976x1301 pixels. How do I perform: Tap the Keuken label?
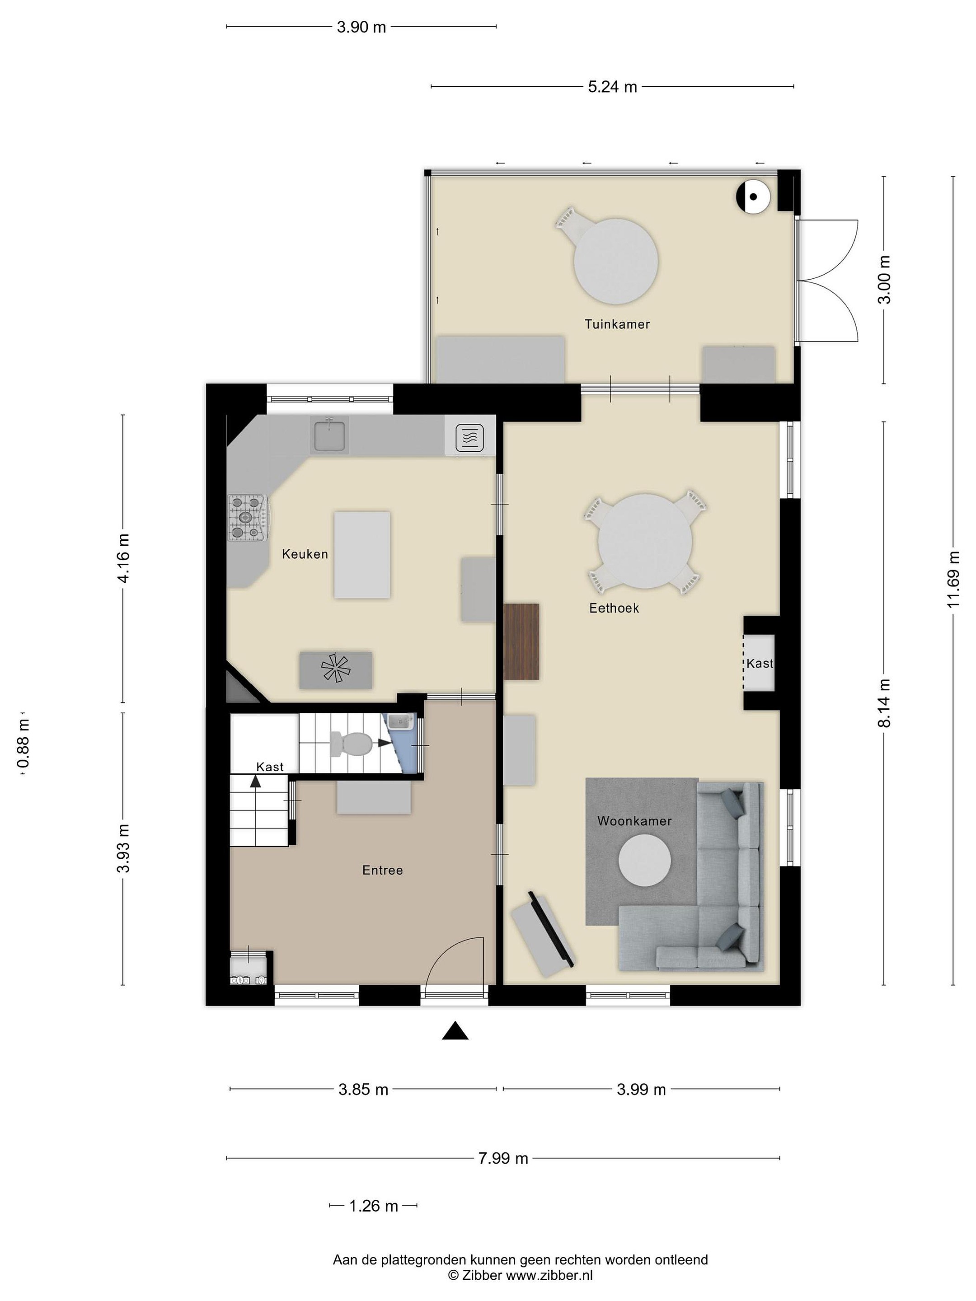point(305,554)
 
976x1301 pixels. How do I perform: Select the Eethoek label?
point(614,608)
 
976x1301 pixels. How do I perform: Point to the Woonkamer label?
point(634,821)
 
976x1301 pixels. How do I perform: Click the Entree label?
point(382,870)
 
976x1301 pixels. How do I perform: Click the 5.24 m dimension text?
point(612,87)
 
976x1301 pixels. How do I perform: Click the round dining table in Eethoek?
point(645,541)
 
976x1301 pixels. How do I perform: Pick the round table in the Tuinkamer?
point(615,261)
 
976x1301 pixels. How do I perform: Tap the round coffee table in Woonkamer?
point(644,861)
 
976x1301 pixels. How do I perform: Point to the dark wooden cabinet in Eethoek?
point(521,641)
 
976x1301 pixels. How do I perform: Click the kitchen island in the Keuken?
point(362,555)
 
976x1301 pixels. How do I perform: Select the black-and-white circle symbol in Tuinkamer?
point(754,197)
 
